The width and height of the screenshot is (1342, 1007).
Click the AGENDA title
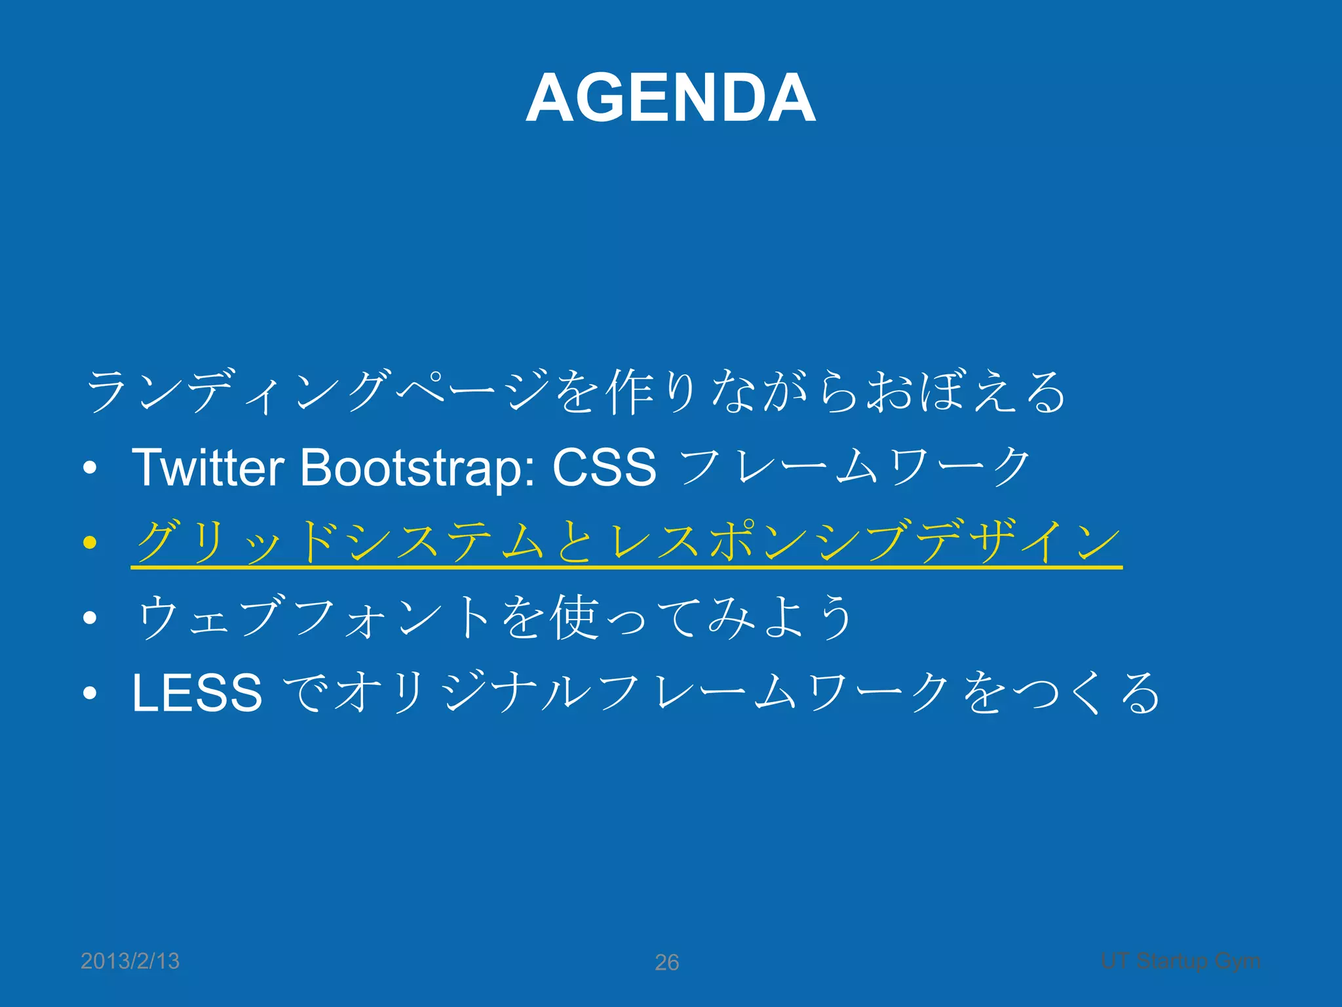pyautogui.click(x=670, y=98)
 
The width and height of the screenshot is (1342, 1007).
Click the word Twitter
pyautogui.click(x=208, y=467)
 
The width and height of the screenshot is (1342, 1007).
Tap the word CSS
pyautogui.click(x=604, y=467)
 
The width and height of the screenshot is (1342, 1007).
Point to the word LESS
pyautogui.click(x=197, y=693)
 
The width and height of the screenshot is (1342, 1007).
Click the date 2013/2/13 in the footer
pyautogui.click(x=130, y=961)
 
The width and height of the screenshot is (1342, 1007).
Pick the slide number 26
pyautogui.click(x=667, y=962)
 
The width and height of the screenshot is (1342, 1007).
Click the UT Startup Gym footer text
pyautogui.click(x=1181, y=961)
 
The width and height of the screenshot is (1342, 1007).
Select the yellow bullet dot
pyautogui.click(x=90, y=542)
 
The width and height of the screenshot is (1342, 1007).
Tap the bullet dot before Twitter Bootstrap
pyautogui.click(x=90, y=467)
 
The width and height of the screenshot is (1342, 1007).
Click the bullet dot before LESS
pyautogui.click(x=90, y=693)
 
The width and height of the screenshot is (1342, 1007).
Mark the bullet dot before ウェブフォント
pyautogui.click(x=90, y=618)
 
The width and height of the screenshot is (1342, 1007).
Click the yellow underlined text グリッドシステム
pyautogui.click(x=341, y=542)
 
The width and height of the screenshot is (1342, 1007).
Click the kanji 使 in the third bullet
pyautogui.click(x=575, y=618)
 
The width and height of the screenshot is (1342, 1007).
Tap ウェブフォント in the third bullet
pyautogui.click(x=315, y=618)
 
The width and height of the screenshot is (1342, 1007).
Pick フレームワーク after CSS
pyautogui.click(x=855, y=467)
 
